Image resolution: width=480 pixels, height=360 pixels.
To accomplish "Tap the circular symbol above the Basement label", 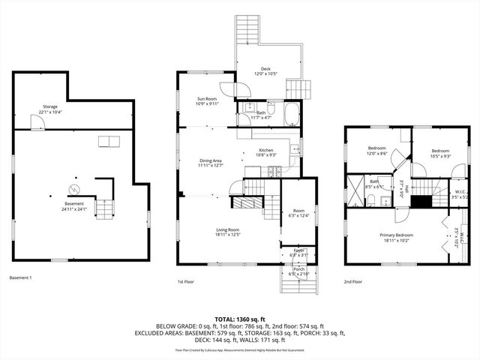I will pos(74,188).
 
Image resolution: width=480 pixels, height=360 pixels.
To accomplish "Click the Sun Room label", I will pos(206,101).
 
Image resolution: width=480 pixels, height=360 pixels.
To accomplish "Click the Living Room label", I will pos(228,231).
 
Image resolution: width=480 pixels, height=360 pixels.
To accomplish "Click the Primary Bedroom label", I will pos(399,238).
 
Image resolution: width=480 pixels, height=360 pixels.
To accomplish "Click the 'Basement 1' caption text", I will pos(22,278).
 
